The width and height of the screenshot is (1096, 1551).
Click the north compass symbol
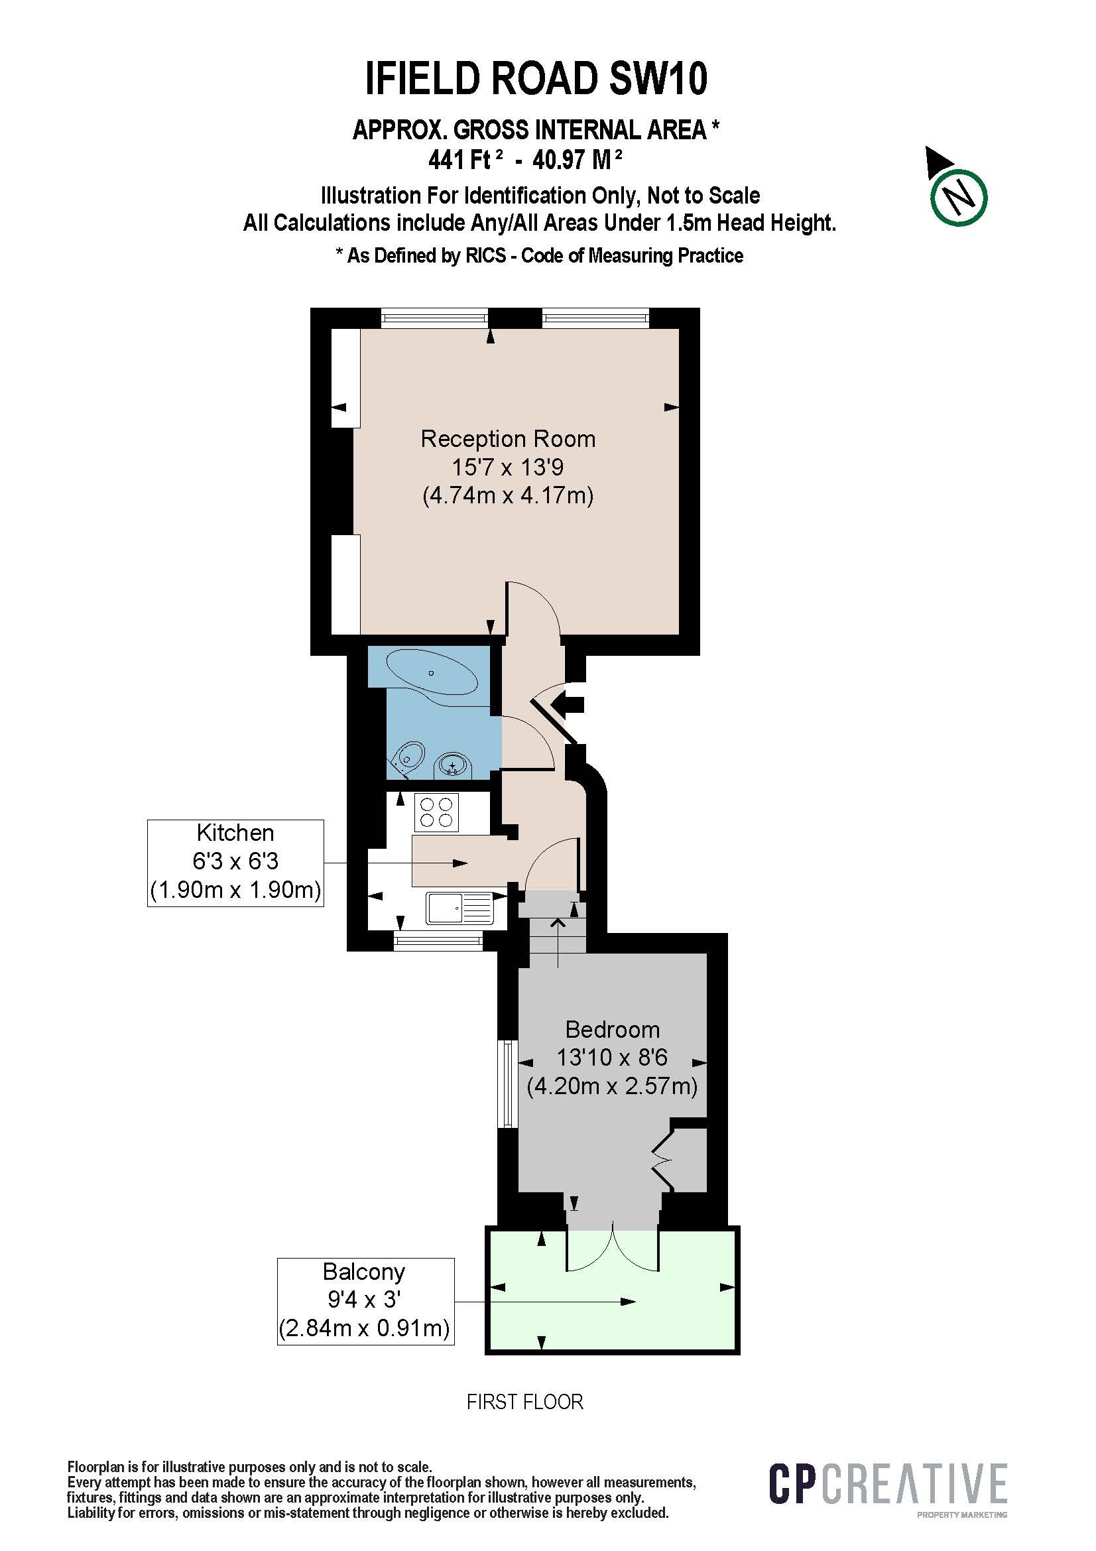[957, 196]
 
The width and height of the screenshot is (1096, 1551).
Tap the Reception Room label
[508, 439]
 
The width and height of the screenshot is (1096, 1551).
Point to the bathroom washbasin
[453, 765]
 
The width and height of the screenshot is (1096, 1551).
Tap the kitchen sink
[461, 907]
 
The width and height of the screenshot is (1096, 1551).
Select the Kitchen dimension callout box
[235, 863]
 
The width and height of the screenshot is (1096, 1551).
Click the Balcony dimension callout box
[365, 1301]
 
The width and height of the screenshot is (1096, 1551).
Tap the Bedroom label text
[612, 1030]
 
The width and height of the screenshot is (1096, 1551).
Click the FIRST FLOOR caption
[524, 1402]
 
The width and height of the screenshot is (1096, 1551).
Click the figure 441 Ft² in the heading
[466, 160]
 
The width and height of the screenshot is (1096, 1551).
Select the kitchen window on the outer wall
[438, 940]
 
